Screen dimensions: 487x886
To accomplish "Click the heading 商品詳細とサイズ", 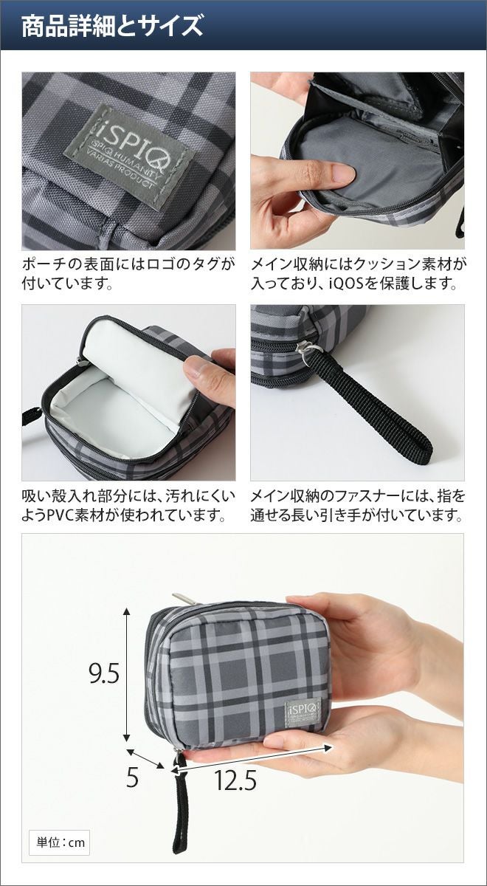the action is coord(112,26).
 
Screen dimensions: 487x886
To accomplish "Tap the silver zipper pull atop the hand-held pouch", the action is coord(185,599).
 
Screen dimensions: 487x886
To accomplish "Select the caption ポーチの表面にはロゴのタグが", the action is coord(128,264).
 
